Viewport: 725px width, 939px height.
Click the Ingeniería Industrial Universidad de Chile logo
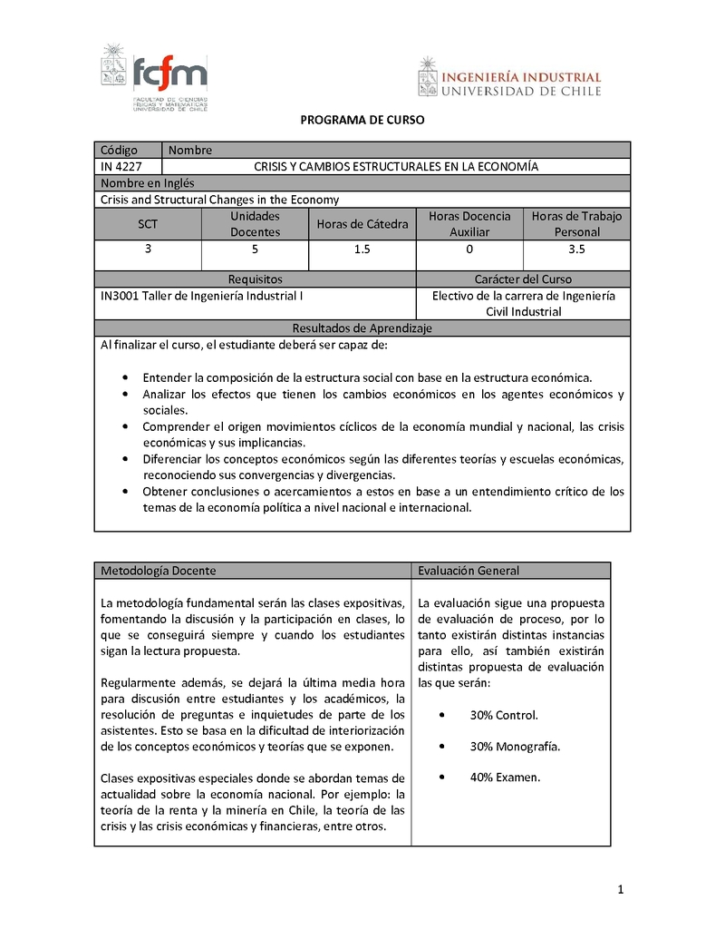click(509, 77)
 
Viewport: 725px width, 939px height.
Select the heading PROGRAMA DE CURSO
click(362, 120)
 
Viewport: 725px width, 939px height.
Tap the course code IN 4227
click(119, 166)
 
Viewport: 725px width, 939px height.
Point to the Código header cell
click(119, 150)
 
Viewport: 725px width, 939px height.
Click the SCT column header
click(147, 224)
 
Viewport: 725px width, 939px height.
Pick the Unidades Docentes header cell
click(255, 224)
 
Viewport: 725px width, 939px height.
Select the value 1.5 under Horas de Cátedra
click(362, 249)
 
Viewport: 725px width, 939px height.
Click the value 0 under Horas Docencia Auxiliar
click(469, 249)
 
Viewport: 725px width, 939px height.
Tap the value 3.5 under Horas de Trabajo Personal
click(576, 249)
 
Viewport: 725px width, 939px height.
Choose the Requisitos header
click(255, 279)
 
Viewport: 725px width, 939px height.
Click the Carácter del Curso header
click(523, 279)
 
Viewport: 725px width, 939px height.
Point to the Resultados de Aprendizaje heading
click(362, 328)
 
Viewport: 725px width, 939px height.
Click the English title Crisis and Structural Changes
click(220, 200)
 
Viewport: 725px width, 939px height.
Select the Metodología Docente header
click(159, 571)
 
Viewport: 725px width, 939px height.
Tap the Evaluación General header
click(469, 571)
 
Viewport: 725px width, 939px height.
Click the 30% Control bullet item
click(503, 715)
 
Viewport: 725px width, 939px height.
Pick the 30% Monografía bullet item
click(514, 747)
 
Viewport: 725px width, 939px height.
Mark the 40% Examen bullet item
click(505, 778)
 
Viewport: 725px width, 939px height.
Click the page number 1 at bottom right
click(621, 890)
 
